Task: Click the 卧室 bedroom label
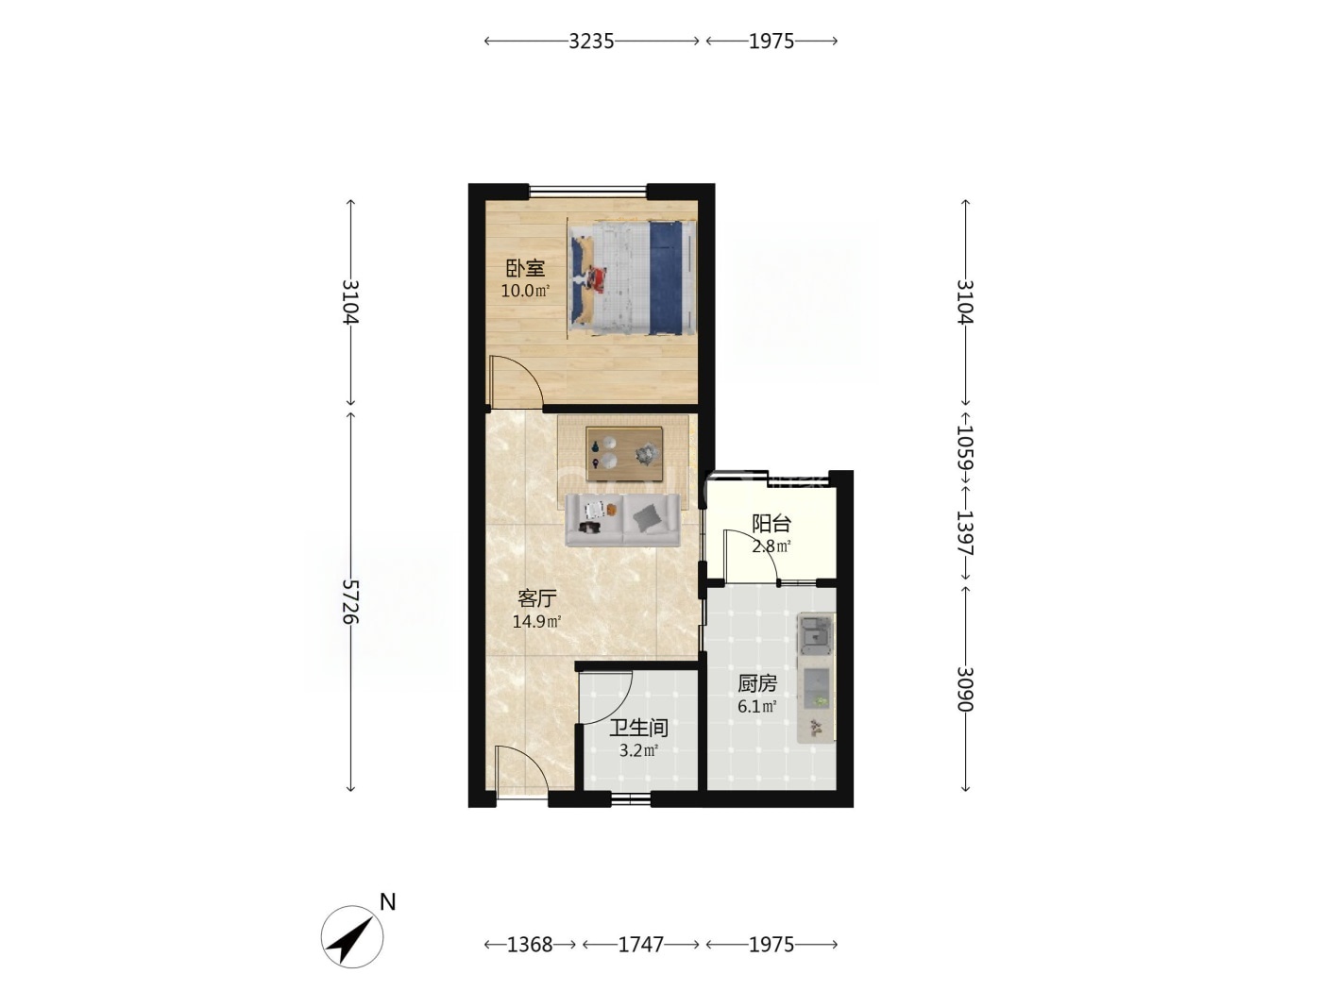coord(525,268)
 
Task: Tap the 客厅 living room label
coord(536,598)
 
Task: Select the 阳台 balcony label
coord(771,524)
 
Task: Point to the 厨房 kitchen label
coord(757,683)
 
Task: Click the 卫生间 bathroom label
coord(638,728)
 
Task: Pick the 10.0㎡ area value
coord(525,292)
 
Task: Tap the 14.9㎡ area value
coord(536,621)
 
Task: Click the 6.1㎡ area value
coord(757,706)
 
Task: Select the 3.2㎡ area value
coord(638,750)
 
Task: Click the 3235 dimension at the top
coord(591,42)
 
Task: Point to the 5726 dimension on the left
coord(350,602)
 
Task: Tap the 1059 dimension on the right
coord(965,447)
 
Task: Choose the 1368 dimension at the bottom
coord(530,945)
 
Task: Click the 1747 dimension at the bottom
coord(641,945)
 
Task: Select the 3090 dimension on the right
coord(965,689)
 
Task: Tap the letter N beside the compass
coord(388,902)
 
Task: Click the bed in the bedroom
coord(631,278)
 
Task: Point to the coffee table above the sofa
coord(624,454)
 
